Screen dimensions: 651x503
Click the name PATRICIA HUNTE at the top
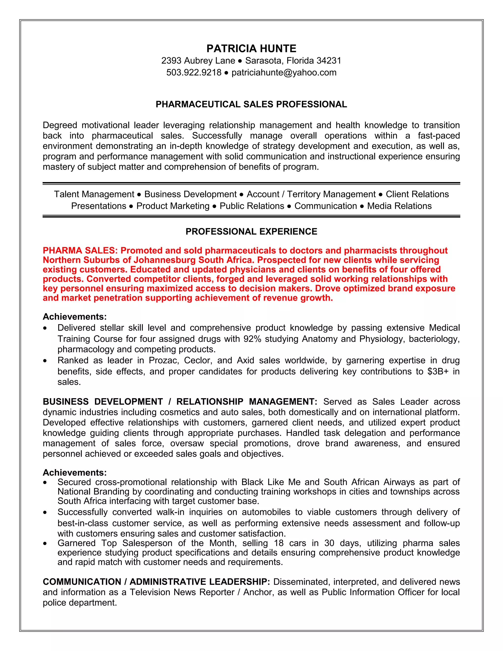point(251,49)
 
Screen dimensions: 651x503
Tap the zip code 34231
point(329,61)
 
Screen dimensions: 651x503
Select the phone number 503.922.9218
point(194,72)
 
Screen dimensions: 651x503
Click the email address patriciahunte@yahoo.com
point(284,72)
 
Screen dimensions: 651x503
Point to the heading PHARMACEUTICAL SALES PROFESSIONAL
point(251,104)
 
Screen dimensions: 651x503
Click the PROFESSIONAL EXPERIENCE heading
point(251,232)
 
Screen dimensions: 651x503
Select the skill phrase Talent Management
point(94,194)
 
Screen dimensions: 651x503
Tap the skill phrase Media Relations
point(399,206)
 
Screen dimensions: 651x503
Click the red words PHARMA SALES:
point(81,250)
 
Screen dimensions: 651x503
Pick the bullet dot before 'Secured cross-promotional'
point(45,482)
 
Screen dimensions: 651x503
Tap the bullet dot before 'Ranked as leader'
point(45,361)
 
